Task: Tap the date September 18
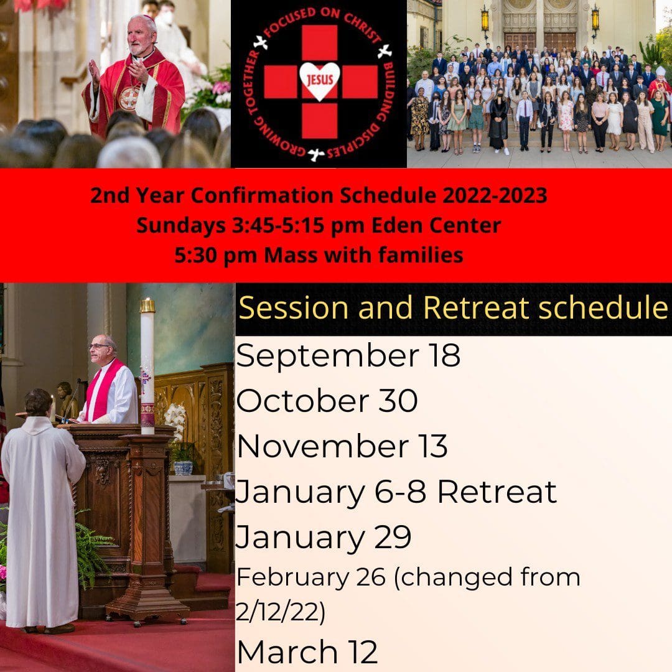pyautogui.click(x=348, y=356)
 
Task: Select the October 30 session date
pyautogui.click(x=327, y=401)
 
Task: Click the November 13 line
pyautogui.click(x=342, y=446)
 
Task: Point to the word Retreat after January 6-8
pyautogui.click(x=497, y=492)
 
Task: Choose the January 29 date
pyautogui.click(x=323, y=537)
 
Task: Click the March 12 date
pyautogui.click(x=307, y=652)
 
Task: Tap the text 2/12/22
pyautogui.click(x=281, y=612)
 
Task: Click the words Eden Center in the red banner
pyautogui.click(x=436, y=225)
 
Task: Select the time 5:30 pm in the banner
pyautogui.click(x=215, y=256)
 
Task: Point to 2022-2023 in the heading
pyautogui.click(x=495, y=195)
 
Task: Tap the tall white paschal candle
pyautogui.click(x=147, y=366)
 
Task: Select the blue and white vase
pyautogui.click(x=184, y=467)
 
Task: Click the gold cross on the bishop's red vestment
pyautogui.click(x=129, y=98)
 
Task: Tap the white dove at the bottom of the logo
pyautogui.click(x=316, y=154)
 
